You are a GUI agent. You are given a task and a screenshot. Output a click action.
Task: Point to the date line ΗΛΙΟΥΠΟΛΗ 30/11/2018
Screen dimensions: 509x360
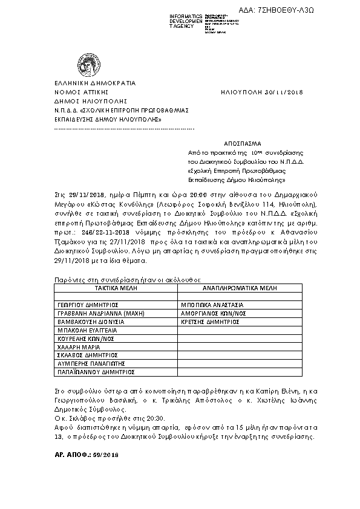point(261,92)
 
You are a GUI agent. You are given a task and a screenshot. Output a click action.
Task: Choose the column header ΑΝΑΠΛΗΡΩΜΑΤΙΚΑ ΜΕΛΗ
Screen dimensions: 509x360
point(235,289)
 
